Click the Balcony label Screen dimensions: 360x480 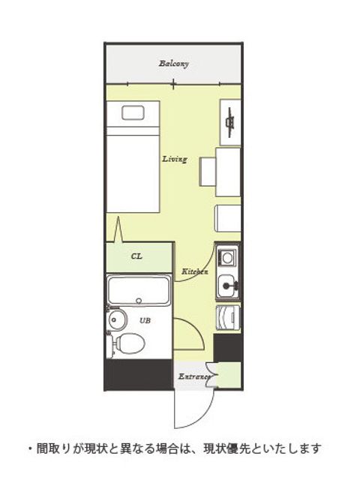pyautogui.click(x=173, y=64)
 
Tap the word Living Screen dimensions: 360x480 pyautogui.click(x=175, y=159)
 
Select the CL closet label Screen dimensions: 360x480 pyautogui.click(x=136, y=256)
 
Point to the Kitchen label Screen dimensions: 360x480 pyautogui.click(x=195, y=271)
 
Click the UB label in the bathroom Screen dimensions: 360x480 pyautogui.click(x=145, y=320)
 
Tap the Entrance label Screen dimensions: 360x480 pyautogui.click(x=194, y=376)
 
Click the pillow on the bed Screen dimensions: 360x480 pyautogui.click(x=133, y=112)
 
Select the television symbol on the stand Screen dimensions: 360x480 pyautogui.click(x=230, y=121)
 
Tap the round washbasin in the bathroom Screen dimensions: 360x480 pyautogui.click(x=117, y=320)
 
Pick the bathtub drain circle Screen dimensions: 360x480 pyautogui.click(x=139, y=301)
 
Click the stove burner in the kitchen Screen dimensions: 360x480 pyautogui.click(x=227, y=258)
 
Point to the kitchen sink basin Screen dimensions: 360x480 pyautogui.click(x=226, y=286)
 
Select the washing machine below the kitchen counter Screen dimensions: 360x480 pyautogui.click(x=228, y=317)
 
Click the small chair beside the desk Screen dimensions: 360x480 pyautogui.click(x=208, y=172)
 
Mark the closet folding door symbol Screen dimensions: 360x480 pyautogui.click(x=118, y=229)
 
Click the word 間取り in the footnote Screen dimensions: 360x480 pyautogui.click(x=53, y=448)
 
